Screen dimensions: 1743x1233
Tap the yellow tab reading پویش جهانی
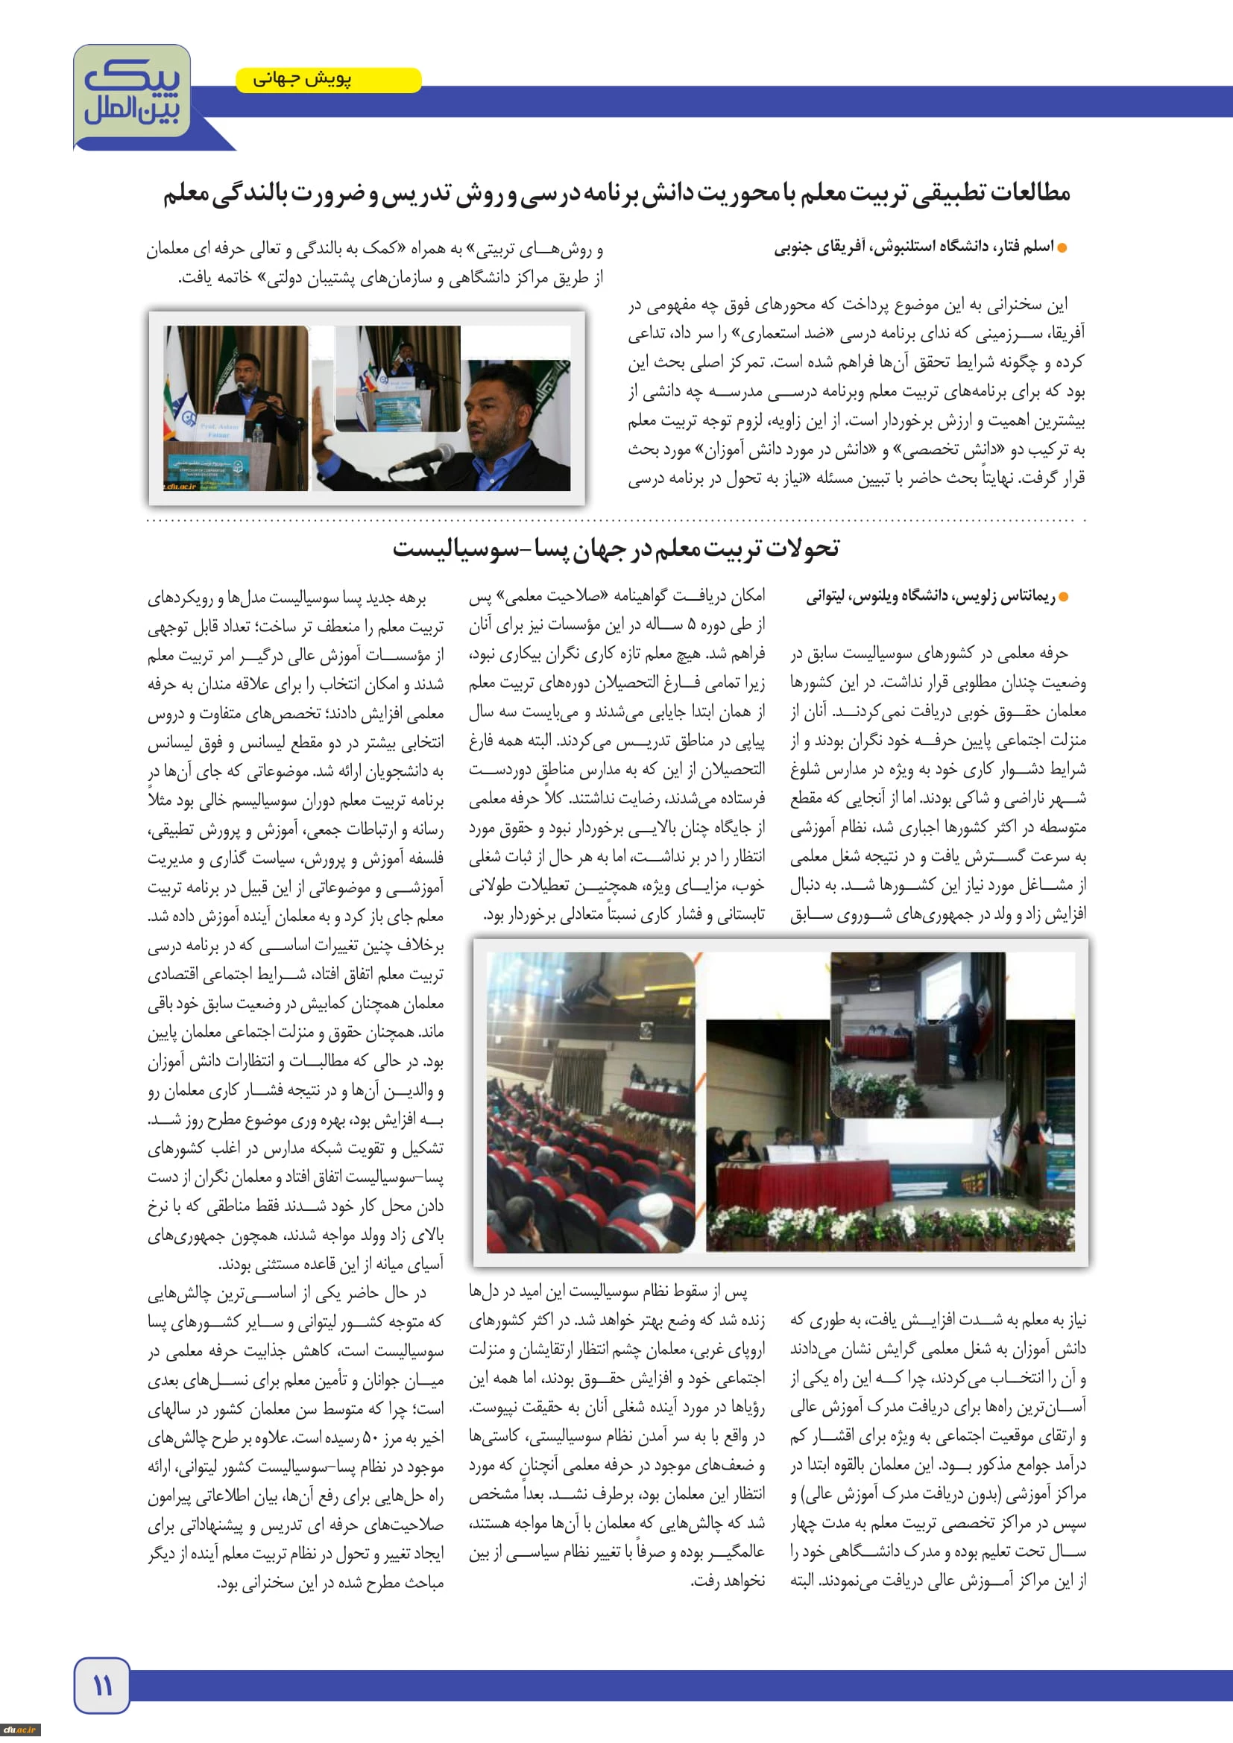328,80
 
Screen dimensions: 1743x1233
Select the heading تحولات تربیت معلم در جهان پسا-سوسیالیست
616,548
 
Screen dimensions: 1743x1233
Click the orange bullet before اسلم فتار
1062,248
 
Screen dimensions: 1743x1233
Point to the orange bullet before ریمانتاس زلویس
1063,598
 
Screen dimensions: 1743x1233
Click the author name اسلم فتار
1029,247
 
